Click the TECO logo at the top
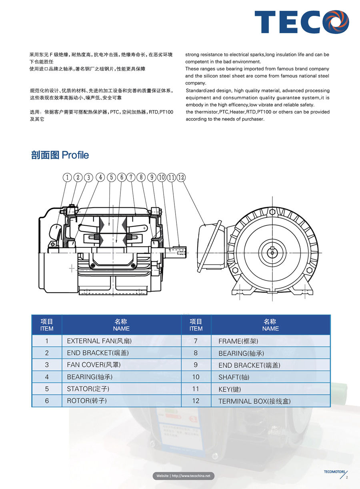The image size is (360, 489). [302, 22]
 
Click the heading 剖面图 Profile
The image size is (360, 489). [60, 155]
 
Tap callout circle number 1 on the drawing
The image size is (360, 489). [68, 177]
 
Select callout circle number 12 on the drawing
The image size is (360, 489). [181, 177]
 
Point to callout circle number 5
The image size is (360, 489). [112, 177]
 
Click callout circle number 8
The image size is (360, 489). [140, 177]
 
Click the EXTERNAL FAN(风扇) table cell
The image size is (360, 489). [99, 341]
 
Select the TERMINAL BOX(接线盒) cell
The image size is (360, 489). [254, 401]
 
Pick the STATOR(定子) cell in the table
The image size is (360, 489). [88, 389]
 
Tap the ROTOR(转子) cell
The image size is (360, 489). [87, 401]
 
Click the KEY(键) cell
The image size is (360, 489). [230, 389]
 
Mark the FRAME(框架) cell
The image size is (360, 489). [238, 341]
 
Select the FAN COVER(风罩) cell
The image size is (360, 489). [94, 365]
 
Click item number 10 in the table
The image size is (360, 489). [196, 377]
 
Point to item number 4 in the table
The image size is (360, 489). [47, 377]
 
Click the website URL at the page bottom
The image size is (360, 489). [184, 476]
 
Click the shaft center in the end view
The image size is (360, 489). [272, 251]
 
